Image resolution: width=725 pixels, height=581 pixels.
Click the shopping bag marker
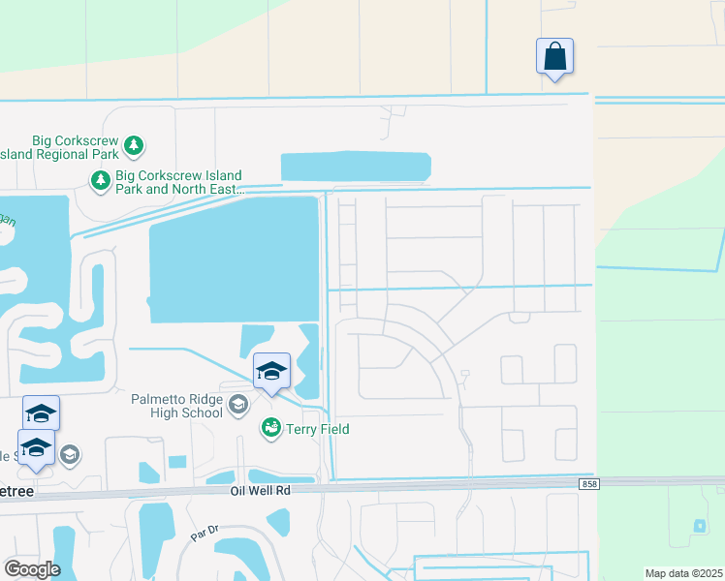click(x=554, y=56)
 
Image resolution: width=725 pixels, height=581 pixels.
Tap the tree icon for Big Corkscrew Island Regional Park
click(x=133, y=146)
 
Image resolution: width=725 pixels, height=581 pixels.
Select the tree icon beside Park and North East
click(x=100, y=179)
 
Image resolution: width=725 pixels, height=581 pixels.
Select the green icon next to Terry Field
click(x=270, y=428)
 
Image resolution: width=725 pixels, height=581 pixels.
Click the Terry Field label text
click(x=318, y=429)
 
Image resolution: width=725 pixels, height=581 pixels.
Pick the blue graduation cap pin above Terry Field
click(x=271, y=371)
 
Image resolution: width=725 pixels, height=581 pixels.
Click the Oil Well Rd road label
click(x=261, y=490)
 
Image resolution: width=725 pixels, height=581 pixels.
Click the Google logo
click(x=32, y=568)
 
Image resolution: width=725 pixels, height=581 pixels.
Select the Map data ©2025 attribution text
click(x=682, y=573)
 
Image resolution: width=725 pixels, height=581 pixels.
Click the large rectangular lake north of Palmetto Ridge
click(x=234, y=260)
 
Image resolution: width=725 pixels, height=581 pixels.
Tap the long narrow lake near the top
click(x=356, y=166)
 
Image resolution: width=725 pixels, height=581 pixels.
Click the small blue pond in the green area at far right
click(x=700, y=526)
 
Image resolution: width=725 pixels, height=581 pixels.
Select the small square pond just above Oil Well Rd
click(x=176, y=462)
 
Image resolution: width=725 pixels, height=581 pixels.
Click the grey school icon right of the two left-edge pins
click(x=70, y=454)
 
